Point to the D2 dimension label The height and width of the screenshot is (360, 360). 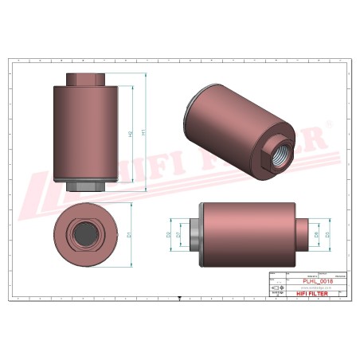tap(169, 236)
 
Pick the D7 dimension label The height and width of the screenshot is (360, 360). tap(178, 236)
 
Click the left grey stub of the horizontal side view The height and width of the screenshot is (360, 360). tap(194, 235)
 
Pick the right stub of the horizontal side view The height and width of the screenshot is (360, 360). tap(302, 235)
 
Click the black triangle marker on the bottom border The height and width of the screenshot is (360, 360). tap(180, 295)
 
